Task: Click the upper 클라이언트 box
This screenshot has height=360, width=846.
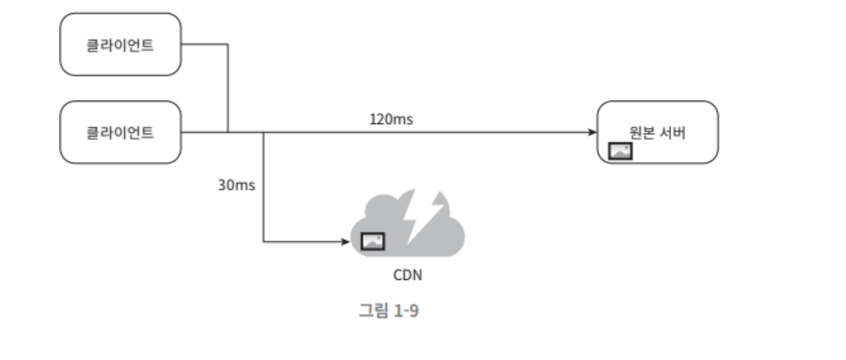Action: pyautogui.click(x=120, y=44)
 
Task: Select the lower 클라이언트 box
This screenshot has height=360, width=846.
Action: pyautogui.click(x=120, y=132)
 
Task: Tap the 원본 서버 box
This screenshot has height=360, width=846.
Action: pyautogui.click(x=657, y=132)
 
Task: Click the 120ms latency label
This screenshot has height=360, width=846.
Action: pyautogui.click(x=391, y=118)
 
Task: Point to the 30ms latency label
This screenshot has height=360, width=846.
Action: pyautogui.click(x=236, y=184)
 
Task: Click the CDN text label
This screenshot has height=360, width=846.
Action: pyautogui.click(x=408, y=276)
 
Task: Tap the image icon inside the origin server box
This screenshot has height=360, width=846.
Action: pyautogui.click(x=621, y=151)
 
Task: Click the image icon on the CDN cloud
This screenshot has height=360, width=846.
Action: pyautogui.click(x=372, y=240)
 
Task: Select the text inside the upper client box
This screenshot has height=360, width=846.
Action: pyautogui.click(x=120, y=44)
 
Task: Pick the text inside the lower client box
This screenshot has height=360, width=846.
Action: pyautogui.click(x=120, y=133)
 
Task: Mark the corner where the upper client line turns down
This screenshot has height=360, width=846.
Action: pyautogui.click(x=228, y=44)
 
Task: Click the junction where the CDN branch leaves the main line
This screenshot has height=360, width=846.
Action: pyautogui.click(x=263, y=132)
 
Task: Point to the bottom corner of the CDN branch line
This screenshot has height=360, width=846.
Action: pyautogui.click(x=263, y=241)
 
